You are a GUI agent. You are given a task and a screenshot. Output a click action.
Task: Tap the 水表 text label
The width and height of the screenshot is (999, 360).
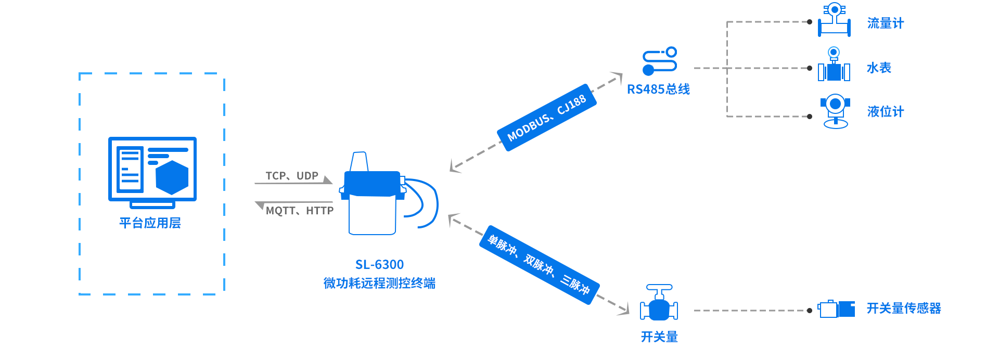click(879, 68)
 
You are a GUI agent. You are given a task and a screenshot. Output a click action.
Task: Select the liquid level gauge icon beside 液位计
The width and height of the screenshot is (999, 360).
click(835, 110)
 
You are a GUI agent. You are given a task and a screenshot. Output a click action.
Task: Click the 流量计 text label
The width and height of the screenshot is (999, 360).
click(885, 23)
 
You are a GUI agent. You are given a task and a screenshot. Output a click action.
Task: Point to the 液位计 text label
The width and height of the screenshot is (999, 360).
click(885, 111)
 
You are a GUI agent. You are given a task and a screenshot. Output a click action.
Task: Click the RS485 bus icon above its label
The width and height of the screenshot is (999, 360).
click(659, 61)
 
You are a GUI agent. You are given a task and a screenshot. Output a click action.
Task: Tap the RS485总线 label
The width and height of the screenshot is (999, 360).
click(658, 89)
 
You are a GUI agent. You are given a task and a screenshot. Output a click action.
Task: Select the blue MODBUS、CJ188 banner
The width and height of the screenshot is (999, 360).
click(547, 118)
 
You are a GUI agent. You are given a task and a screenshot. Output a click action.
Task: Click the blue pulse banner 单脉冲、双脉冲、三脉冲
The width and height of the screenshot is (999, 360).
click(539, 265)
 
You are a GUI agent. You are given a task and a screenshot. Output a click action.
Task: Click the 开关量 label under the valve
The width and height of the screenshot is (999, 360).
click(659, 337)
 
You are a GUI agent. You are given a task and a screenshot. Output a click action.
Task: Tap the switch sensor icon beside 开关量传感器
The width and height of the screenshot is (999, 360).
click(836, 309)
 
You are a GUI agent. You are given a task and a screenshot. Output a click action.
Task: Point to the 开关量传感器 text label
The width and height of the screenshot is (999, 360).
click(904, 308)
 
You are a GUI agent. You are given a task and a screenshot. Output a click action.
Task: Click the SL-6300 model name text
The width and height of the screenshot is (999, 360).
click(379, 265)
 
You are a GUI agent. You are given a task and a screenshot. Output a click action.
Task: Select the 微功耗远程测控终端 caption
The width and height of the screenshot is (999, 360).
click(379, 284)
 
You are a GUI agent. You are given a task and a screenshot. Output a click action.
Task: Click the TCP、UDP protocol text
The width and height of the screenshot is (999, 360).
click(292, 176)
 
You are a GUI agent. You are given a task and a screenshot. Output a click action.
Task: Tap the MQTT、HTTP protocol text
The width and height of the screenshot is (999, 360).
click(300, 211)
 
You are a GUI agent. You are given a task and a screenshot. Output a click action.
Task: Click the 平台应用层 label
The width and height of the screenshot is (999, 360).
click(150, 223)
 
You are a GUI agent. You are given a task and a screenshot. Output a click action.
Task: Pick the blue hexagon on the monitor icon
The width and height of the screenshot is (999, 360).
click(172, 177)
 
